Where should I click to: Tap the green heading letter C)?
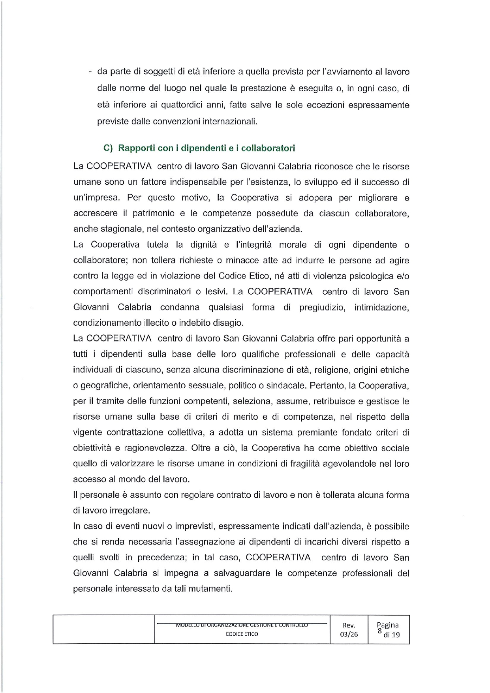[x=108, y=148]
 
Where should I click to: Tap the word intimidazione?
[x=381, y=307]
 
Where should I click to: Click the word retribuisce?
[x=334, y=401]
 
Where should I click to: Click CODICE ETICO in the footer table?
[x=242, y=634]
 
